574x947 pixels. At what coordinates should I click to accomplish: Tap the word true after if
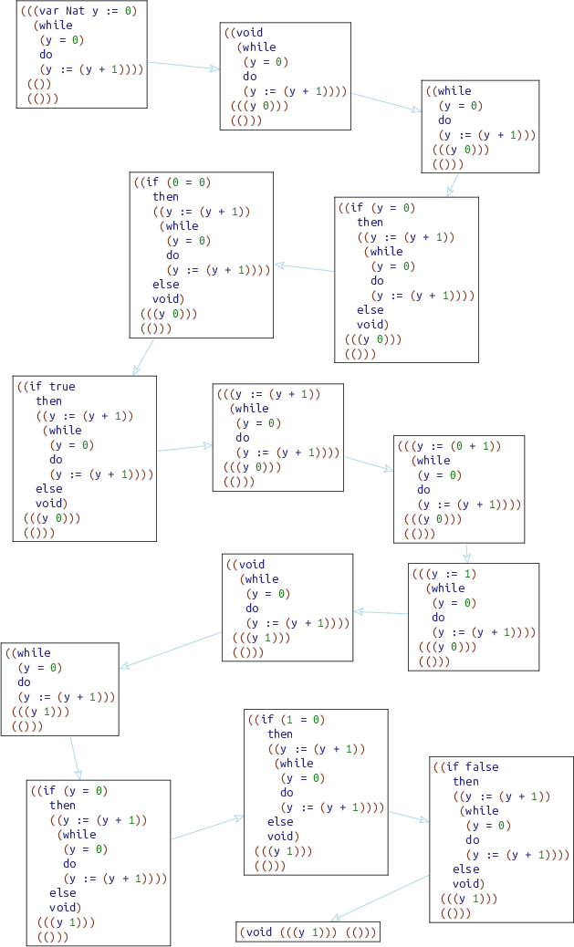(x=63, y=387)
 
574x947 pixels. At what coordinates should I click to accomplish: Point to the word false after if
(x=481, y=767)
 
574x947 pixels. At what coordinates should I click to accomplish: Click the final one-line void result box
(x=308, y=931)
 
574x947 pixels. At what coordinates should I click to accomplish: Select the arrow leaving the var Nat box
(x=183, y=66)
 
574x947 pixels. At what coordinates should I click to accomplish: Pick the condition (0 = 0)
(x=191, y=182)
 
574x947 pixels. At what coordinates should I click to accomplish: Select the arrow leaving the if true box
(x=184, y=447)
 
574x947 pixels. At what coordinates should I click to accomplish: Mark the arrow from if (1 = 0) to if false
(x=409, y=816)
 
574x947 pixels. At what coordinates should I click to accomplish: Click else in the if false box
(x=465, y=869)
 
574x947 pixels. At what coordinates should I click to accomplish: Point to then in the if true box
(x=49, y=401)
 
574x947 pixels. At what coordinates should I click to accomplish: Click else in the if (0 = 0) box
(x=166, y=285)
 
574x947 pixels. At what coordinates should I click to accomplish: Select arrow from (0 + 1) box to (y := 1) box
(x=466, y=552)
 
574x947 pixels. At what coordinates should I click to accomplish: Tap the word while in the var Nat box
(x=56, y=26)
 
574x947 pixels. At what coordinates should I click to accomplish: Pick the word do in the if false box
(x=472, y=840)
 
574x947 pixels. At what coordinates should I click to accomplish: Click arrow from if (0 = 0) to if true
(x=142, y=357)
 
